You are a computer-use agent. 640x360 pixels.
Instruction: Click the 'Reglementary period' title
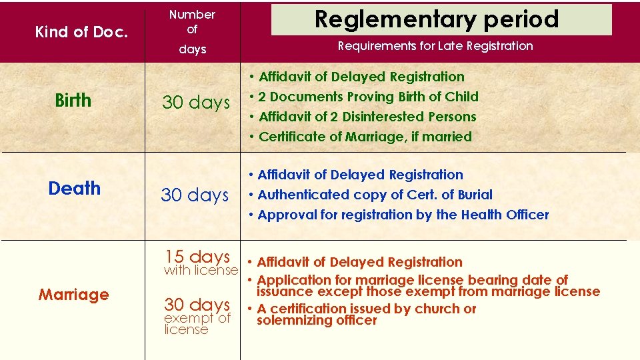(437, 19)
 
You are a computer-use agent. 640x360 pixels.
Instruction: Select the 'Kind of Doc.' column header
(81, 31)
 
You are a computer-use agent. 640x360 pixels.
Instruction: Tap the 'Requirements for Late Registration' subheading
(435, 46)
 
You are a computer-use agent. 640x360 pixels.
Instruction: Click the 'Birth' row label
(73, 101)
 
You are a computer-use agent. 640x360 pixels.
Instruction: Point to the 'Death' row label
(75, 189)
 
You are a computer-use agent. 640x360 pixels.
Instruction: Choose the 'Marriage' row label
(73, 295)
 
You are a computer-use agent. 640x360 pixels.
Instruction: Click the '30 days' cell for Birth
(195, 103)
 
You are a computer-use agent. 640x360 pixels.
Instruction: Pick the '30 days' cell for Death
(195, 195)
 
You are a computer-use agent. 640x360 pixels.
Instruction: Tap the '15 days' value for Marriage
(197, 256)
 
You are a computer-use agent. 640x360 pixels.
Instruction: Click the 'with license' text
(201, 270)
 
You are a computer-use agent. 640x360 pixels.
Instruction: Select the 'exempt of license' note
(197, 324)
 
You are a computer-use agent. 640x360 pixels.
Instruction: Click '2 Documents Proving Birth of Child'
(368, 97)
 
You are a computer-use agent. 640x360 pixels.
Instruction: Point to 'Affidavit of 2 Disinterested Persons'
(367, 117)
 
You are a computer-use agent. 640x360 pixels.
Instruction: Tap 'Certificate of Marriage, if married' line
(365, 137)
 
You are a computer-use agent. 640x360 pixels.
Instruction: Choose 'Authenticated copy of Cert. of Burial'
(375, 195)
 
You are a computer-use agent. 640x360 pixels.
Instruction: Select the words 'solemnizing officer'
(317, 320)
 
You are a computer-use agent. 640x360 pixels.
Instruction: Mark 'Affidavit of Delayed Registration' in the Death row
(360, 175)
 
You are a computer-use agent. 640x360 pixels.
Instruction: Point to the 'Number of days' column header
(192, 31)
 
